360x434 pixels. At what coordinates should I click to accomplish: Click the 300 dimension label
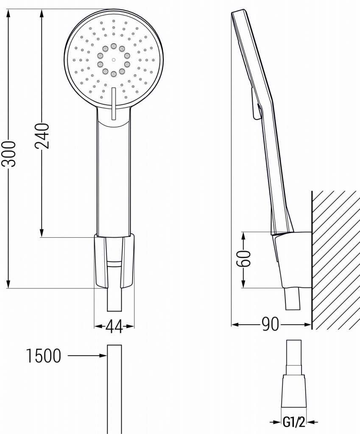9,153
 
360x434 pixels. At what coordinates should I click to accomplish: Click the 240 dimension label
42,135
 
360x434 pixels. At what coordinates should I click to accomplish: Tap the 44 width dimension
114,326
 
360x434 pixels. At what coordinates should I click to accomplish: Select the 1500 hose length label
44,356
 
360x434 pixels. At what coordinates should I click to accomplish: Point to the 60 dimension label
244,258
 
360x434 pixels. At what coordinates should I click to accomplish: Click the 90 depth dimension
270,325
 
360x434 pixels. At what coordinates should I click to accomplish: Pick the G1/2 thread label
294,422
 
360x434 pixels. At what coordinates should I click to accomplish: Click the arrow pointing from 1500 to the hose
87,356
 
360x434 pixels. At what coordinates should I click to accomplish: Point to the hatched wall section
335,254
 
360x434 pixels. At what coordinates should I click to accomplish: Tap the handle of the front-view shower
113,178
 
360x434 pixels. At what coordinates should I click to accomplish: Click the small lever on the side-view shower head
255,104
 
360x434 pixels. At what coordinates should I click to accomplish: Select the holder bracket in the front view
114,261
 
